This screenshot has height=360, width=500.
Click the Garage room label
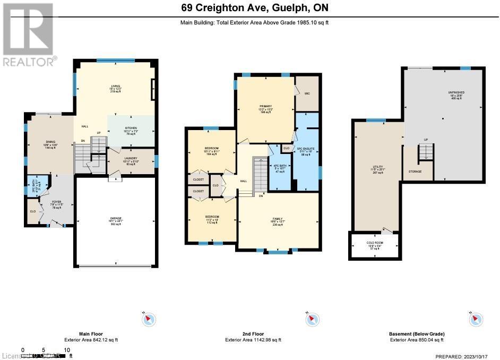point(115,221)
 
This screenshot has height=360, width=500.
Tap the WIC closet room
point(307,93)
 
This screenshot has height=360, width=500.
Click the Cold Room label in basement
point(374,245)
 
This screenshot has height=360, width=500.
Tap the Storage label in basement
point(415,172)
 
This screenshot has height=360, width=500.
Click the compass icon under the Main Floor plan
point(149,319)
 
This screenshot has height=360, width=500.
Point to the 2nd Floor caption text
point(253,334)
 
